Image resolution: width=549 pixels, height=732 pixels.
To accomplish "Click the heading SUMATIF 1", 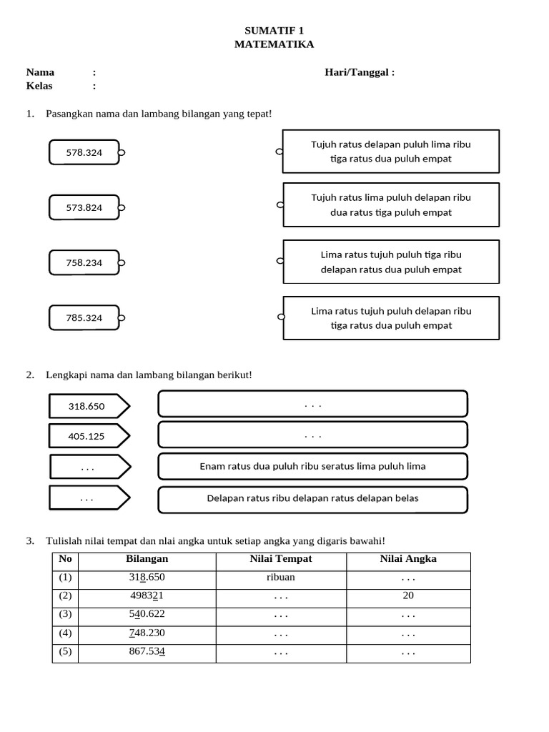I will tap(274, 30).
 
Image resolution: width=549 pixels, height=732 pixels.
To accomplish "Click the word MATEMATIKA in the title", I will tap(274, 44).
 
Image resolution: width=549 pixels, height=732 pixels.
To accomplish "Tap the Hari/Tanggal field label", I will tap(359, 72).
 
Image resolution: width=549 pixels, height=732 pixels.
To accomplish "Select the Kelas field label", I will tap(39, 86).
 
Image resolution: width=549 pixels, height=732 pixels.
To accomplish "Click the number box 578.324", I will tap(84, 152).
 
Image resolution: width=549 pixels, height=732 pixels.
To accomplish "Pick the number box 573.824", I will tap(84, 207).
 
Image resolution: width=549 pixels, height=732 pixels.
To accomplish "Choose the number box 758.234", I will tap(84, 262).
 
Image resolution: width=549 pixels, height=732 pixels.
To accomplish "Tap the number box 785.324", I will tap(84, 317).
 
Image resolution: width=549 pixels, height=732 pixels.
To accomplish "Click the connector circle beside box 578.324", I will tap(122, 152).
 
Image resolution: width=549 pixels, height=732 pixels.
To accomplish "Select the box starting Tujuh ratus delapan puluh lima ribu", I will tap(391, 152).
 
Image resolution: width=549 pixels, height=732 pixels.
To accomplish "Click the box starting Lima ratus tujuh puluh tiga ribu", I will tap(391, 262).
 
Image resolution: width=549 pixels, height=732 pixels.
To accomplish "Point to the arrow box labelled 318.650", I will tap(87, 406).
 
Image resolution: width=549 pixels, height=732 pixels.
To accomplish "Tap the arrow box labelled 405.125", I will tap(87, 435).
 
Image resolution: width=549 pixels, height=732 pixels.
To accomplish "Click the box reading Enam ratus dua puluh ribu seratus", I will tap(312, 466).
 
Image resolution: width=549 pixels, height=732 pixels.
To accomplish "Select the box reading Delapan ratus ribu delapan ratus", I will tap(312, 498).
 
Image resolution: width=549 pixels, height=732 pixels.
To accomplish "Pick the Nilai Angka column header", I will tap(408, 559).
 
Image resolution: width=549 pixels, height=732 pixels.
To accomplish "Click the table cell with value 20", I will tap(408, 595).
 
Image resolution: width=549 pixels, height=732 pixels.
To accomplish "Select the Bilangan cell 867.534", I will tap(147, 651).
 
